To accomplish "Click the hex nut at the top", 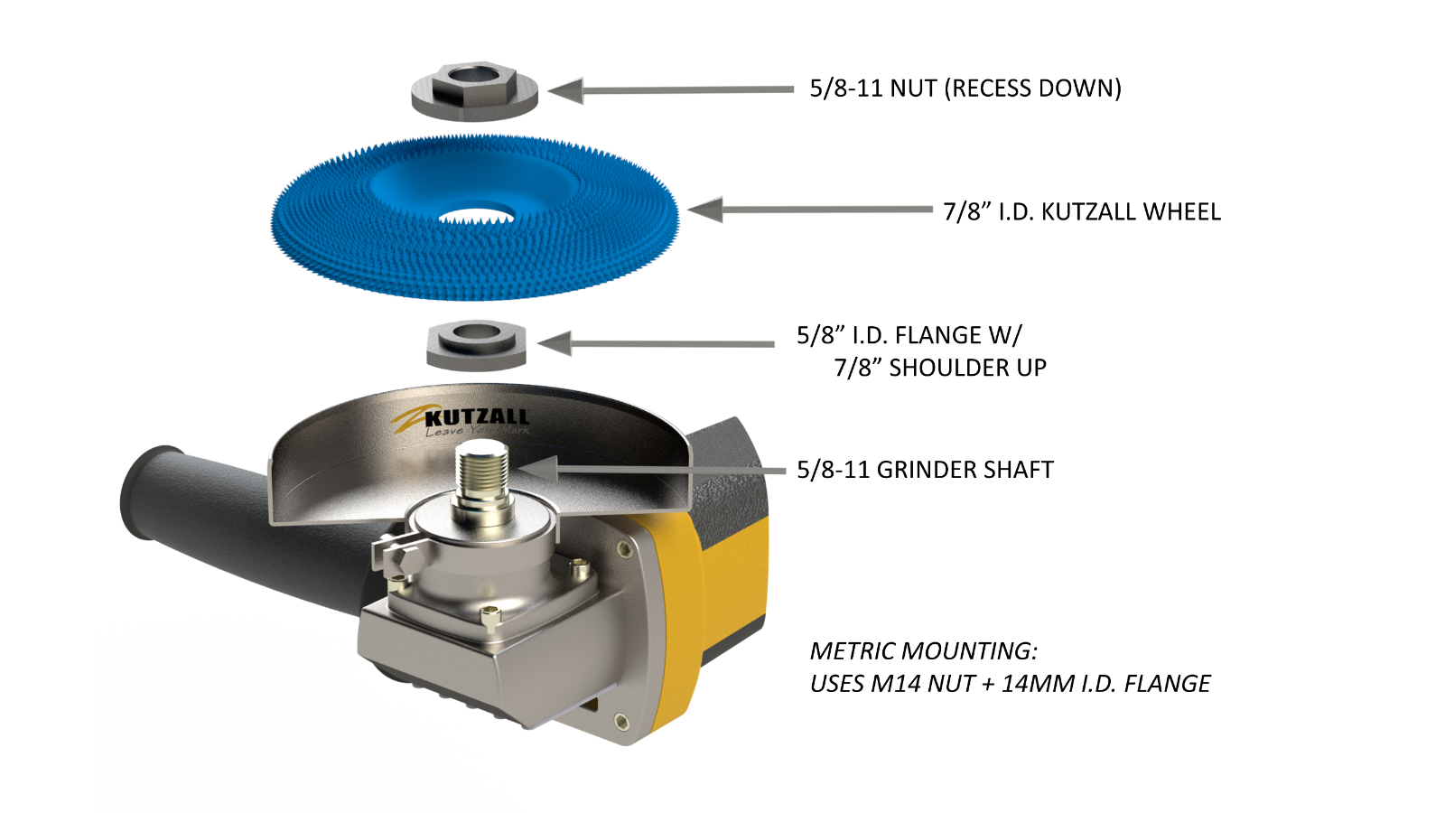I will (x=475, y=90).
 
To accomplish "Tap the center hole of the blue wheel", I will (x=477, y=217).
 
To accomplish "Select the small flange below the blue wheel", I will (x=476, y=344).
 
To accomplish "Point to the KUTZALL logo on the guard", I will (x=477, y=417).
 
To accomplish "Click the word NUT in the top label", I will (x=913, y=89).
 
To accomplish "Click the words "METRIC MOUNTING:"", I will (x=924, y=650).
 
